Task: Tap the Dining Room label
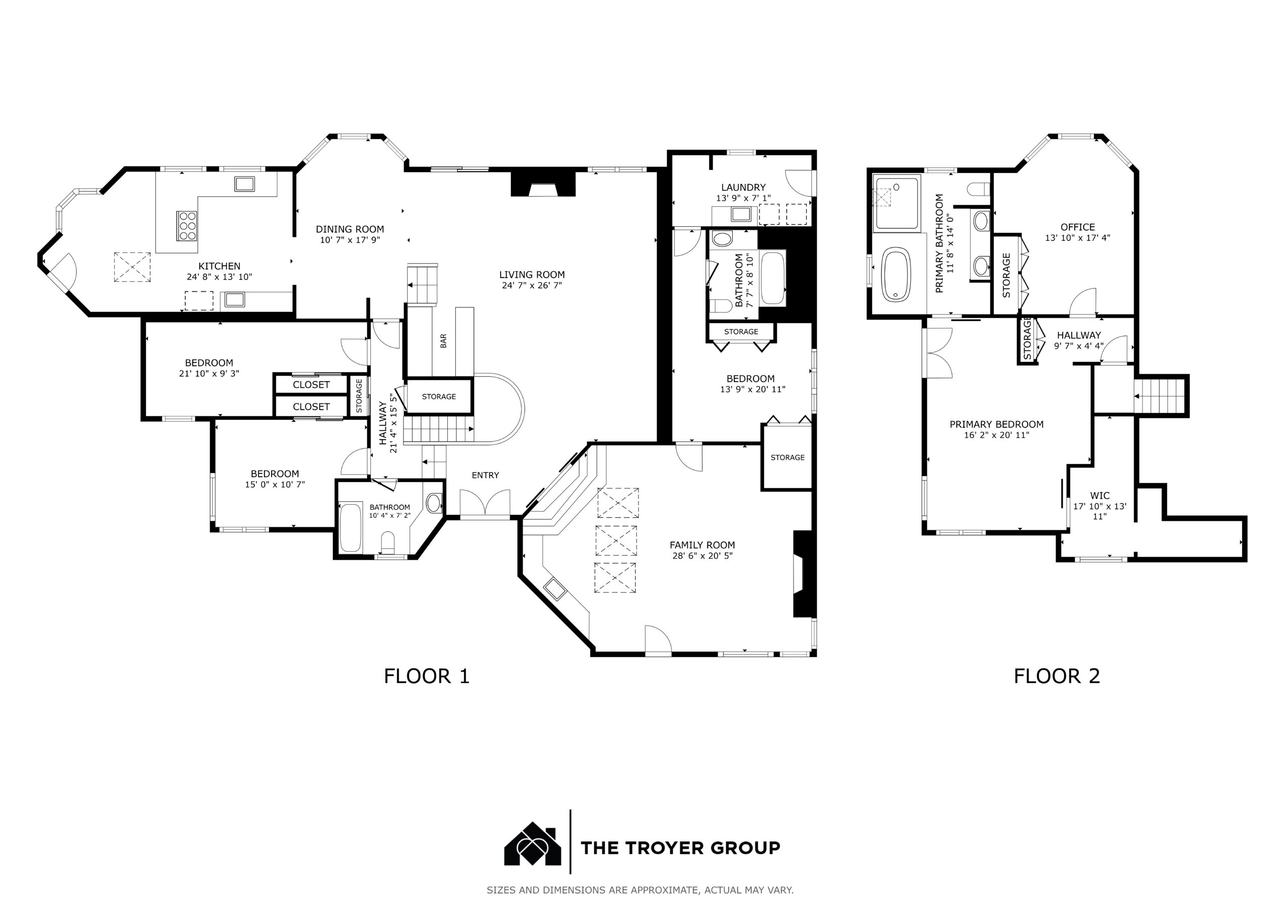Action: pos(350,229)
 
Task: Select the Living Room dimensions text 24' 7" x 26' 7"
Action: pos(532,285)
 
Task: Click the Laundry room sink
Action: pos(742,214)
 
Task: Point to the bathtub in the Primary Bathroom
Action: pos(896,275)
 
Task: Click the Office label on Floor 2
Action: pos(1077,227)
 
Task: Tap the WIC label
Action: pos(1100,495)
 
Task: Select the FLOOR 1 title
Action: pos(427,676)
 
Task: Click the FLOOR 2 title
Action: pos(1057,676)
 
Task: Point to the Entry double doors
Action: pos(485,502)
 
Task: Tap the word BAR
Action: pos(443,341)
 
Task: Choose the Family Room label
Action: pos(702,545)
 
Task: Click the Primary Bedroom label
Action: pos(996,424)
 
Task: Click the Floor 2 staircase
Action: pos(1160,396)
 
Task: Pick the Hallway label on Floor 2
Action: pos(1079,335)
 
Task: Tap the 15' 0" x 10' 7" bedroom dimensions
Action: pos(275,485)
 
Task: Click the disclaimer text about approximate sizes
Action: pos(639,889)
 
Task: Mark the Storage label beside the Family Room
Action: pos(788,457)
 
